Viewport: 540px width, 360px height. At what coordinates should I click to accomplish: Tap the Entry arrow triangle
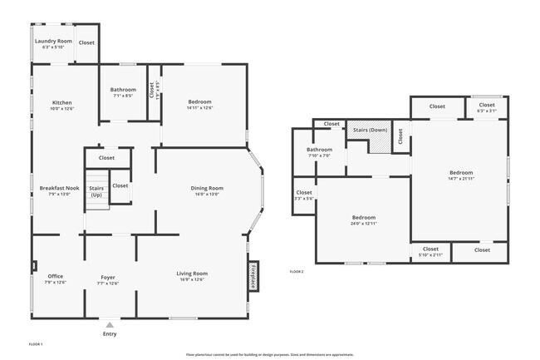110,324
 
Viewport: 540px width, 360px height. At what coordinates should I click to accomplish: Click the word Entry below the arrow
110,334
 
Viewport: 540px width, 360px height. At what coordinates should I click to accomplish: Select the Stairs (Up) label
96,191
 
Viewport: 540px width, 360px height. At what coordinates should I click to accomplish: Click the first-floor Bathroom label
123,91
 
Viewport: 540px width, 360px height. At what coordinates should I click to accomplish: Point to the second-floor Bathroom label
319,152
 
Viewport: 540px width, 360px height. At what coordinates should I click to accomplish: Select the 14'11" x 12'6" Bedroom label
199,105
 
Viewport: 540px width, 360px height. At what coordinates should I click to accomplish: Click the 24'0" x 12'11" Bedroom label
363,220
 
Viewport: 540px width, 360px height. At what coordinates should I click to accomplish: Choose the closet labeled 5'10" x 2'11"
430,251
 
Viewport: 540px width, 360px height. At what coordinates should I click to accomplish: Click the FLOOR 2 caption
297,272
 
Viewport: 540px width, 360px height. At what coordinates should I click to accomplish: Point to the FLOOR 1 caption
36,343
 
